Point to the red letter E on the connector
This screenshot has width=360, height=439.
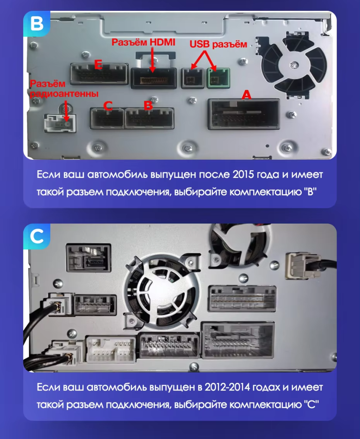tap(97, 65)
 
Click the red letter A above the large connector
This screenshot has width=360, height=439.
tap(246, 95)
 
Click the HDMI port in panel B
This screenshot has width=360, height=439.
tap(154, 78)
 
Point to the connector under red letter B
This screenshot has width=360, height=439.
tap(149, 118)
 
